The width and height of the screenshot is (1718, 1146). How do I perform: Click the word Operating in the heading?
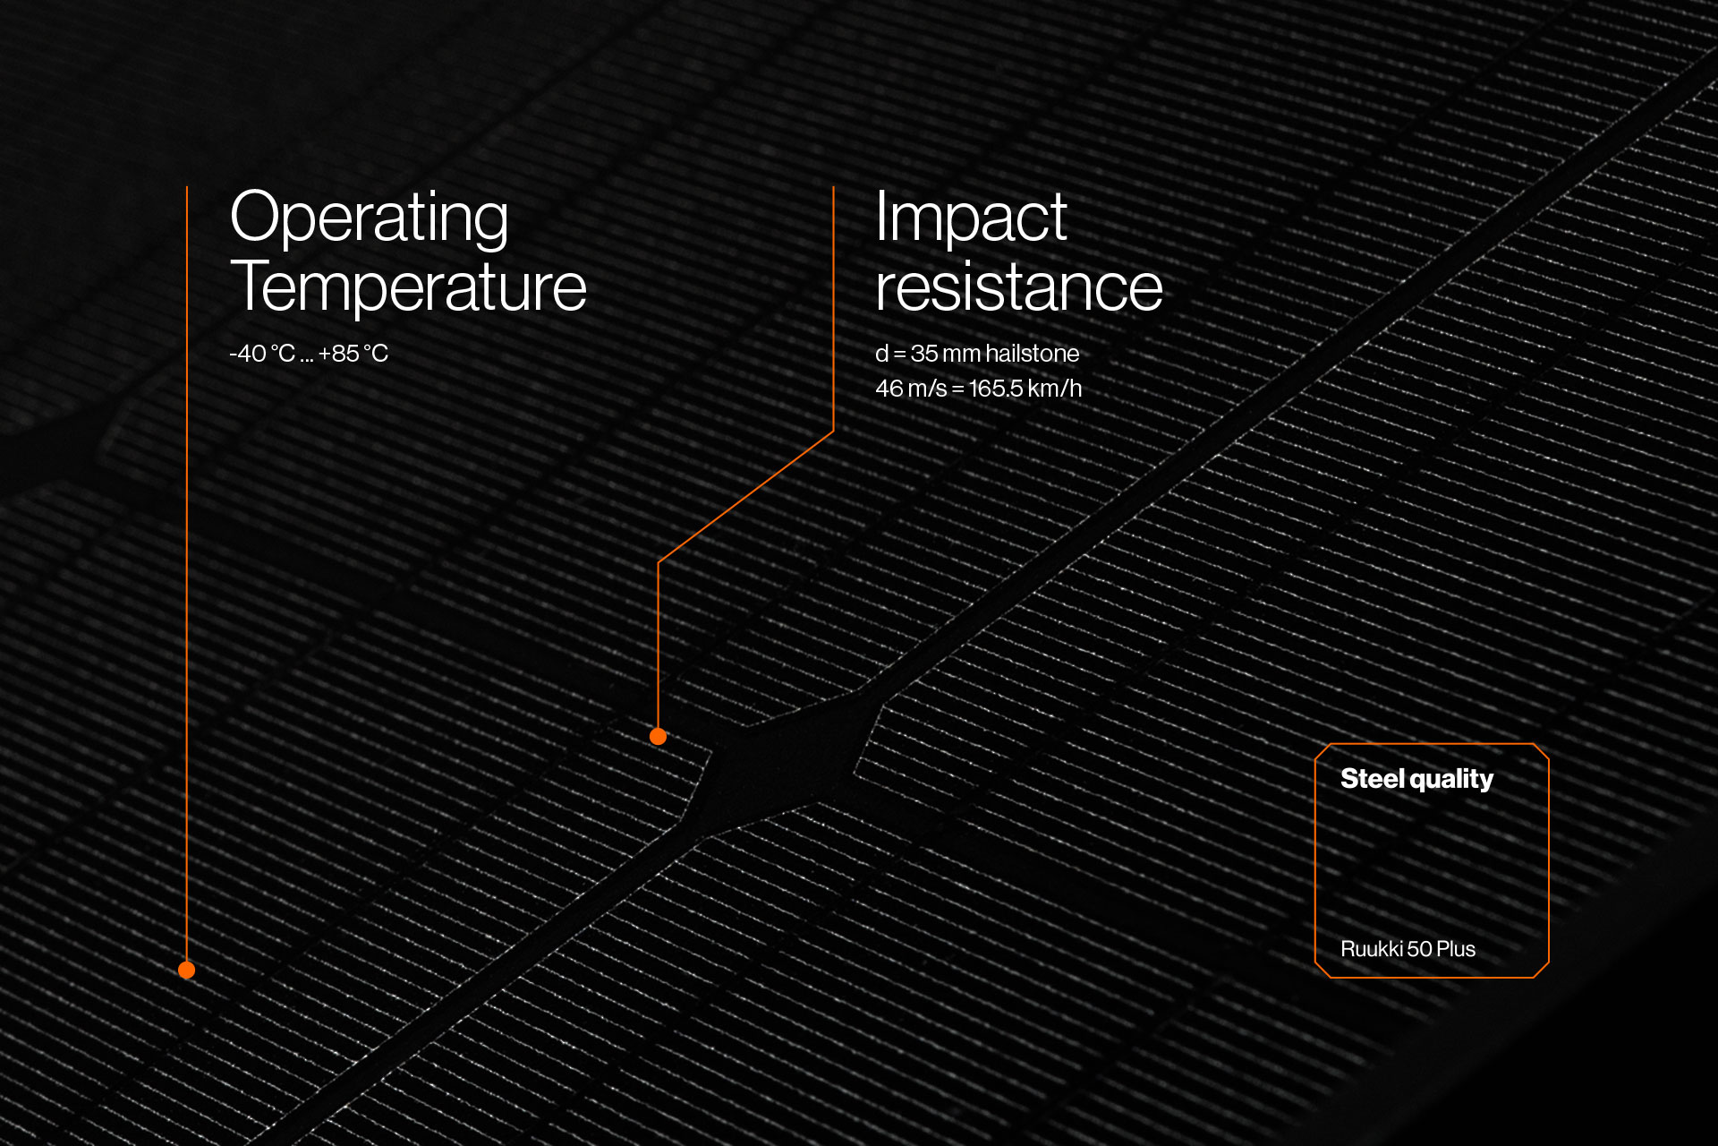click(x=369, y=219)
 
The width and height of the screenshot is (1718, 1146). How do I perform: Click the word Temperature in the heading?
click(x=408, y=287)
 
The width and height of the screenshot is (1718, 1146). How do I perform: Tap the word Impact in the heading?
click(x=971, y=219)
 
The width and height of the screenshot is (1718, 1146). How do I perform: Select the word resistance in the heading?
click(x=1019, y=287)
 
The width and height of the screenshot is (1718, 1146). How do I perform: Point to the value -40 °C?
click(x=262, y=354)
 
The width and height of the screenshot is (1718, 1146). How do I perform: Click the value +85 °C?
click(x=353, y=354)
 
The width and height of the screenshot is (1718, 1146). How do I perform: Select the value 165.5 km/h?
click(x=1025, y=389)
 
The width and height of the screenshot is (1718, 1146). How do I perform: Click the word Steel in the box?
click(x=1373, y=779)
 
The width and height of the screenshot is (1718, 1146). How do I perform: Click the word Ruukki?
click(x=1372, y=949)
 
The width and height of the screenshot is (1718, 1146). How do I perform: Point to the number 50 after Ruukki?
click(x=1420, y=949)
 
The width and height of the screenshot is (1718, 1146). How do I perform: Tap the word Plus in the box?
click(x=1456, y=949)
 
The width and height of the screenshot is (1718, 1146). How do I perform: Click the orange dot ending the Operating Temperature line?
click(x=186, y=970)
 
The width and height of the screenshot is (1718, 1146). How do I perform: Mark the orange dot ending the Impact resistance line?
click(x=658, y=736)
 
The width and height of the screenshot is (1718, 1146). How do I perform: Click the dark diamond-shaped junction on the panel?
click(x=778, y=761)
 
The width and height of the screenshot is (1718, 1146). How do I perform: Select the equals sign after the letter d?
click(x=900, y=355)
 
